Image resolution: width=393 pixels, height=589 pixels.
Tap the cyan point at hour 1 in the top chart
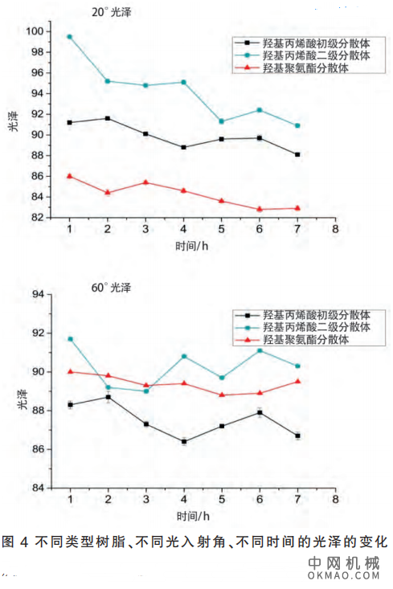click(x=70, y=37)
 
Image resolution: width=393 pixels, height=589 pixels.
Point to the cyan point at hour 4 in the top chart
click(x=183, y=82)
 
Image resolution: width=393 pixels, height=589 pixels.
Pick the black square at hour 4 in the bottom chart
click(x=183, y=441)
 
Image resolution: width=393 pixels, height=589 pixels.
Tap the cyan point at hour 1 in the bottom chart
click(x=70, y=339)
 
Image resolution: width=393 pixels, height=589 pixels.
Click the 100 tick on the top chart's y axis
click(x=36, y=32)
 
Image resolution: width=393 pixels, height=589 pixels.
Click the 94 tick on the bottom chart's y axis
click(x=39, y=295)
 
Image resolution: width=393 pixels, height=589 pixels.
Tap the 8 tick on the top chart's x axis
click(x=335, y=229)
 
